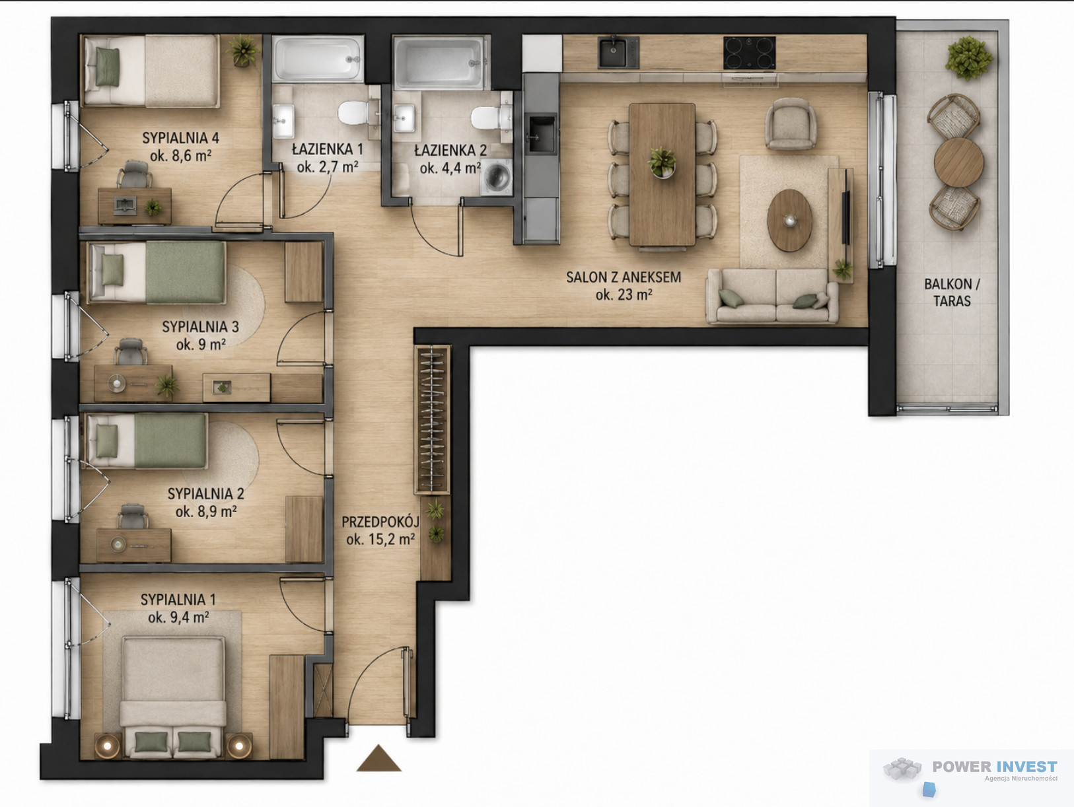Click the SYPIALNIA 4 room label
pos(180,138)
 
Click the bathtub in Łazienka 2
pos(441,62)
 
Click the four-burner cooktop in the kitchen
pos(749,52)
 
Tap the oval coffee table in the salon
pos(790,221)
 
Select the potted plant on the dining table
pos(662,162)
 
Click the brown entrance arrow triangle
pos(378,759)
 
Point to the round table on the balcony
pos(958,162)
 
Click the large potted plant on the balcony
pos(969,58)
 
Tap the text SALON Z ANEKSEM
pos(624,277)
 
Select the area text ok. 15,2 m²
pos(380,540)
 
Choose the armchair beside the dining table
pos(791,123)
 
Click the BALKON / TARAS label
pos(952,293)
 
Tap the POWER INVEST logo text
pos(994,767)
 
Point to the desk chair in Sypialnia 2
pos(132,516)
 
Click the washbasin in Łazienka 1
pos(283,120)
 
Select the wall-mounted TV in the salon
pos(845,218)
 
